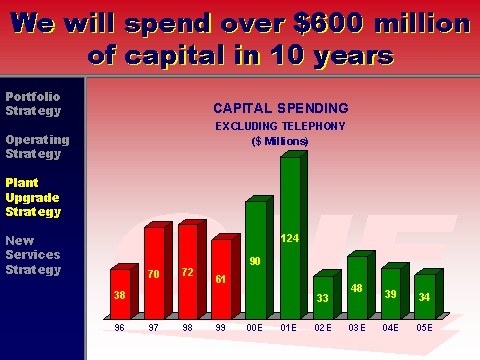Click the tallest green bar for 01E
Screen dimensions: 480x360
coord(293,235)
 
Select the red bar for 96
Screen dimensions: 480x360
coord(124,291)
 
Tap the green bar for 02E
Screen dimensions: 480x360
coord(327,294)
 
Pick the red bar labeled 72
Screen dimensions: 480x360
coord(192,269)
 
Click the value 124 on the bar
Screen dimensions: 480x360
coord(290,238)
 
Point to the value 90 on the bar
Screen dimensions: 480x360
coord(255,261)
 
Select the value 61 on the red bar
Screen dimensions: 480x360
coord(220,279)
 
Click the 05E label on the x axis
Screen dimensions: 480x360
coord(424,328)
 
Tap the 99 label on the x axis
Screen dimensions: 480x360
coord(220,328)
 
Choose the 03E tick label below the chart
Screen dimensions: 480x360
coord(357,328)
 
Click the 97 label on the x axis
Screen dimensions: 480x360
coord(153,328)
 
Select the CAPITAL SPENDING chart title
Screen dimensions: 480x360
coord(281,108)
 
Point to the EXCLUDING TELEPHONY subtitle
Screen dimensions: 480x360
coord(280,126)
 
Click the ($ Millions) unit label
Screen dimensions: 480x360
coord(280,141)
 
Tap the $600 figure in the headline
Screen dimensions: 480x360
coord(328,23)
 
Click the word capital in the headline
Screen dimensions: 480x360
coord(175,55)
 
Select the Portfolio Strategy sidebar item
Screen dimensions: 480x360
coord(33,104)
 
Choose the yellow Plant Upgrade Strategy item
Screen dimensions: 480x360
coord(33,197)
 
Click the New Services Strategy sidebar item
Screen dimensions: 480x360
coord(33,255)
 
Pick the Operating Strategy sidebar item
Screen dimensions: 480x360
coord(37,147)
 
